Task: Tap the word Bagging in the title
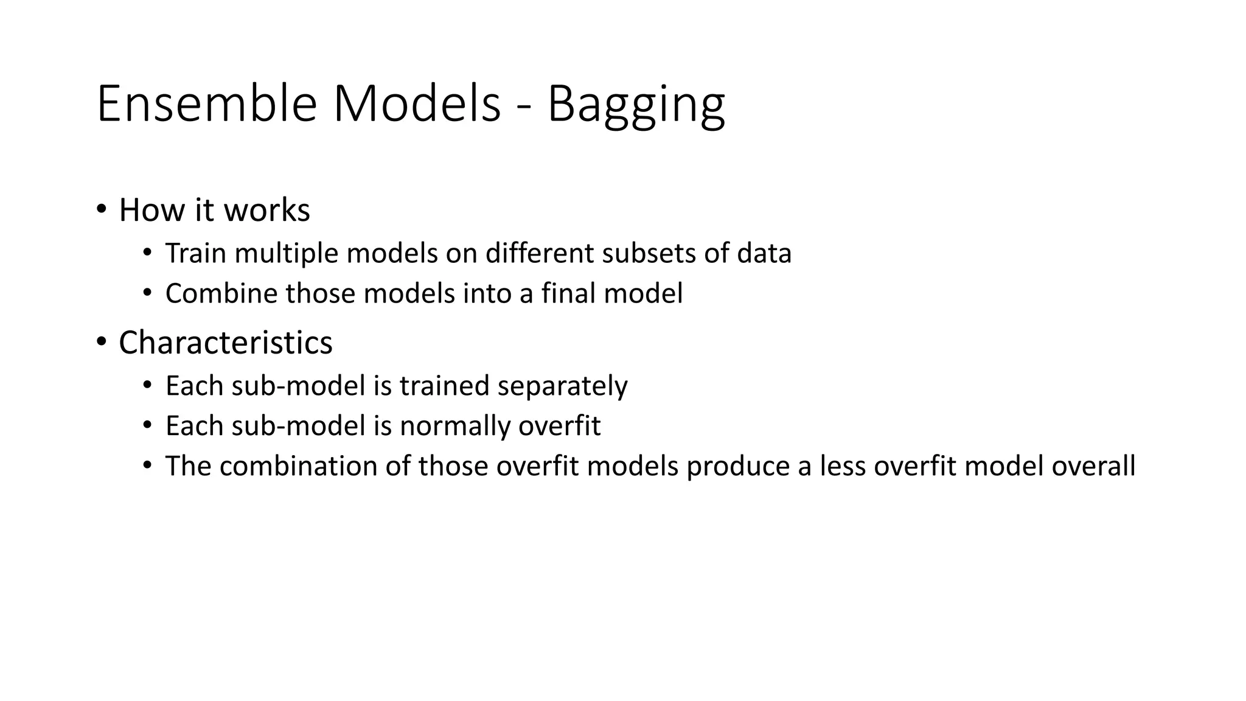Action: coord(636,105)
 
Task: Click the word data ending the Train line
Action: coord(764,253)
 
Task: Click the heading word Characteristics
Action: coord(226,343)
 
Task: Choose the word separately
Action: coord(562,386)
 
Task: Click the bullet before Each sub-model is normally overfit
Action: coord(147,425)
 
